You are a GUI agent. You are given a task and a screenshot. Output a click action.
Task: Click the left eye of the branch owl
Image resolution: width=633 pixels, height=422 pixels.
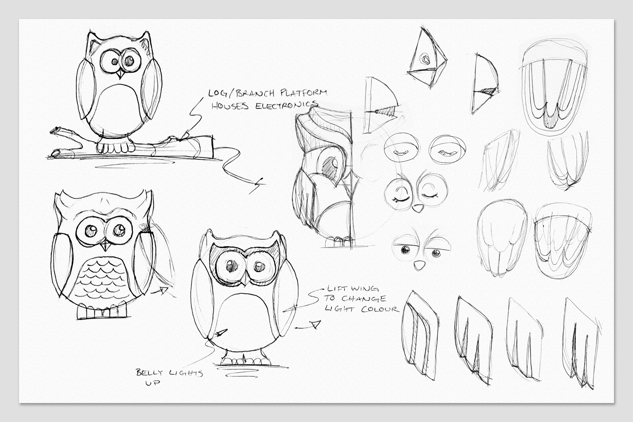(x=114, y=61)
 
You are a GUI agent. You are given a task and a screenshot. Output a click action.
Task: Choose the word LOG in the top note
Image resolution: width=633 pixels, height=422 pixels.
(x=216, y=93)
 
